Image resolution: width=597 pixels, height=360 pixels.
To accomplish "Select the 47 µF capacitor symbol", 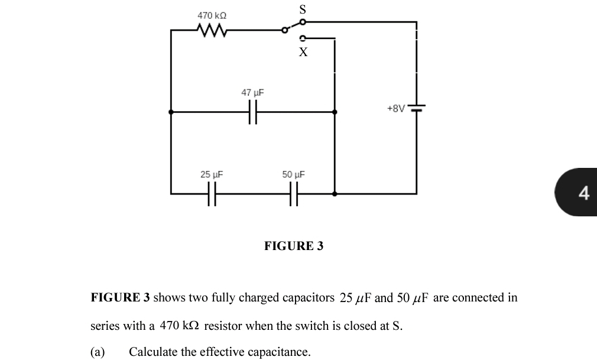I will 253,111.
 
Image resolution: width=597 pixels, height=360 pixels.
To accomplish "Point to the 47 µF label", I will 253,93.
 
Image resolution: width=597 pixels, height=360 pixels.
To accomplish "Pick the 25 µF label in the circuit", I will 212,174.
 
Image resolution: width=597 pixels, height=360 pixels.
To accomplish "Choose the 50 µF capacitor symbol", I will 293,193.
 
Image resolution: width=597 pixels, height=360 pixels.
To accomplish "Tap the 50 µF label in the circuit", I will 293,174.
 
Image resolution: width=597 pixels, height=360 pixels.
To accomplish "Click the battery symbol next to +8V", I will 417,109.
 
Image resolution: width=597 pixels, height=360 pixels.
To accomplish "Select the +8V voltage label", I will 396,109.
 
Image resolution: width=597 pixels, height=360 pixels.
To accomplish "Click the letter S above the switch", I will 303,9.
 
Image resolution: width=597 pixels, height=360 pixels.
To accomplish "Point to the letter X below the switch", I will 303,52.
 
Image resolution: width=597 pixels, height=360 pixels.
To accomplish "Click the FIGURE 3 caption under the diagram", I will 294,246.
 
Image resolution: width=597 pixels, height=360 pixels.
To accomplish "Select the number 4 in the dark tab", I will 584,193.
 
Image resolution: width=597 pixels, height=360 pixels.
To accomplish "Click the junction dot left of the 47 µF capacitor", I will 171,111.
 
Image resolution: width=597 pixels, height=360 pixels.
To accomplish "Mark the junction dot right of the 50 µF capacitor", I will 335,193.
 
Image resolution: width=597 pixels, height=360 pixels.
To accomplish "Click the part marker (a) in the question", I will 98,352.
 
